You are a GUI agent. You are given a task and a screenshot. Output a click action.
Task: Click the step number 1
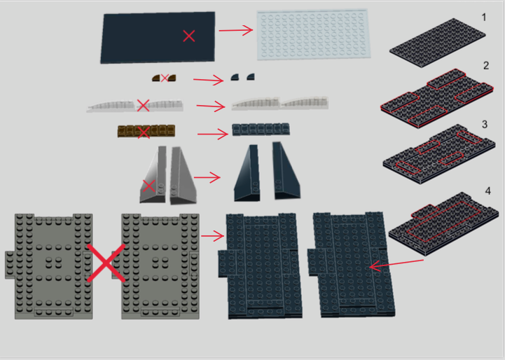tap(484, 18)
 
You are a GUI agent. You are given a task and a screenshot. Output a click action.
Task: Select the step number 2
tap(486, 66)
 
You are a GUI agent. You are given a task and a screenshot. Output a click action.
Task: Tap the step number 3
tap(485, 125)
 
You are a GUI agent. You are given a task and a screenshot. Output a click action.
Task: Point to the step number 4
tap(488, 191)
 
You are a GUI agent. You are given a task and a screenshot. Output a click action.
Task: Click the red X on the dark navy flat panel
tap(188, 36)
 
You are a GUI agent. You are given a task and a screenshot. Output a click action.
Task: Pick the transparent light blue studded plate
tap(314, 35)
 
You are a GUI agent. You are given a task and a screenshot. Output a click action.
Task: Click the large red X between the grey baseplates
tap(106, 263)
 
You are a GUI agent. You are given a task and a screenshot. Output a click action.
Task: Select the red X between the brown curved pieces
tap(165, 78)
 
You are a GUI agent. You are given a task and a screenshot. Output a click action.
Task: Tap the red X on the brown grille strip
tap(144, 132)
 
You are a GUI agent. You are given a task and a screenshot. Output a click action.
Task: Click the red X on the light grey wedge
tap(148, 186)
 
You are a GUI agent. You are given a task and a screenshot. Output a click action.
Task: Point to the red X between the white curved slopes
tap(143, 106)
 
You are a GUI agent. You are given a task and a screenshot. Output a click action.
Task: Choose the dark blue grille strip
tap(261, 129)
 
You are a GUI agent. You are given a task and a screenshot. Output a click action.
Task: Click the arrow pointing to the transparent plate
tap(236, 30)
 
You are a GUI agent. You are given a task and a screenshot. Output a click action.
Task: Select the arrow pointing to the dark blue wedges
tap(207, 177)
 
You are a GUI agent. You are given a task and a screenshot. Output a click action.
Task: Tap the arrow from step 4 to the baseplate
tap(396, 263)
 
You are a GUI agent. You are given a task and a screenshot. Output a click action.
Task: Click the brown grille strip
tap(146, 131)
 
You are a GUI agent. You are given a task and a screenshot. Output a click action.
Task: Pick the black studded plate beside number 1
tap(437, 43)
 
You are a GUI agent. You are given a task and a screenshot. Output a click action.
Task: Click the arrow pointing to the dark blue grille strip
tap(213, 134)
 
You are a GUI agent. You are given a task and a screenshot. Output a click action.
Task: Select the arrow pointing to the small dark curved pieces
tap(209, 80)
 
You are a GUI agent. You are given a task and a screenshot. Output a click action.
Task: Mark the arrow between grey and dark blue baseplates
tap(212, 236)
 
